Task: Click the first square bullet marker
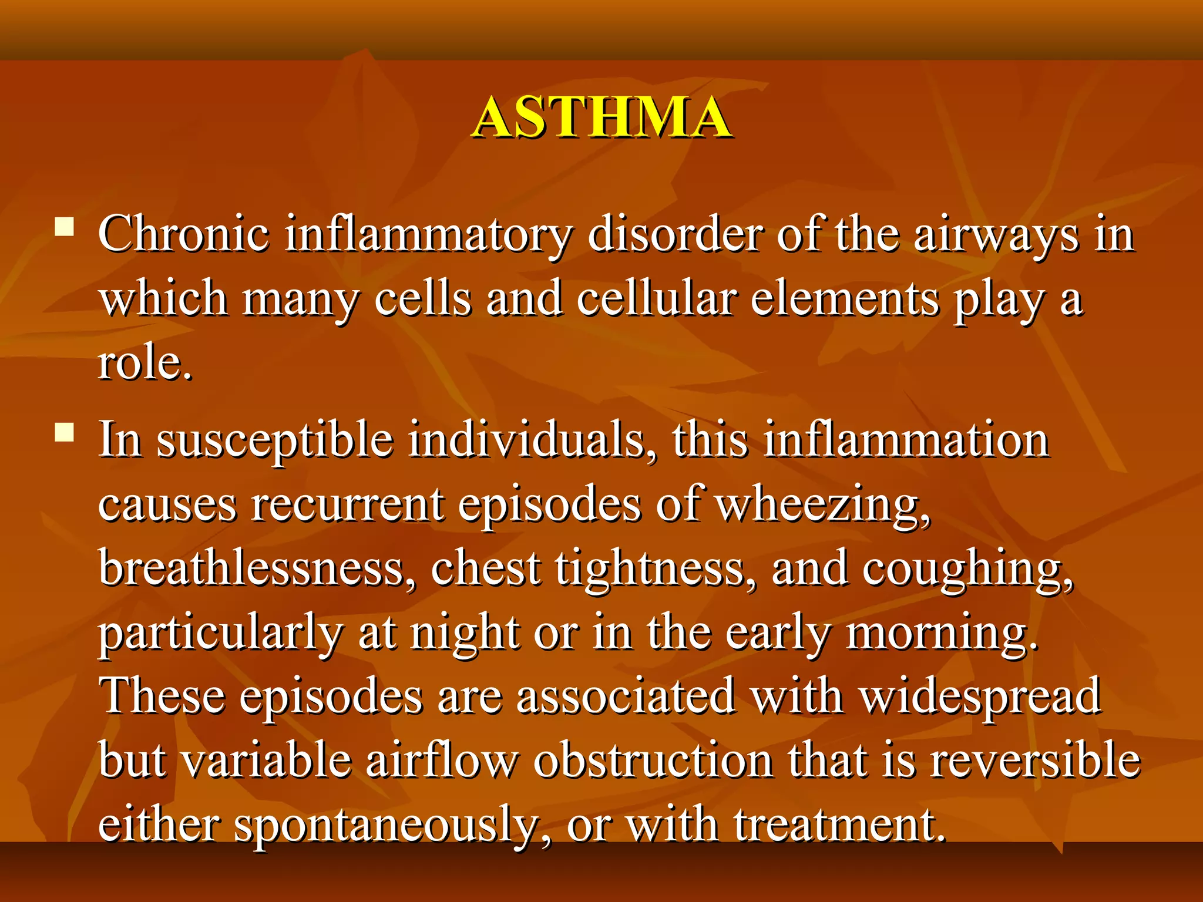coord(64,227)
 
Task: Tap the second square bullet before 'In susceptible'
coord(64,433)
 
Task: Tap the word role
coord(145,363)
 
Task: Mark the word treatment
coord(839,823)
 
